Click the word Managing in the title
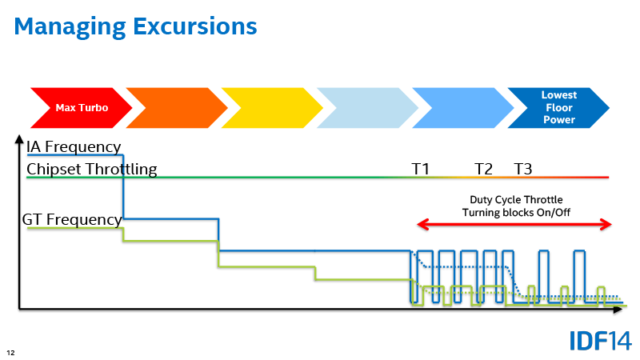coord(70,27)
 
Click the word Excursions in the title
coord(195,26)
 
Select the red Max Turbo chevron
coord(82,108)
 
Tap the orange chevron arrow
coord(177,108)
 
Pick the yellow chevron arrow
coord(272,108)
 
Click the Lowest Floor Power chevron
coord(558,108)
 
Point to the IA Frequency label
coord(74,146)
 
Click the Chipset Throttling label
coord(92,170)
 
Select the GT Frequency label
coord(72,219)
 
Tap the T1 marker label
coord(421,169)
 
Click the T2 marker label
coord(484,169)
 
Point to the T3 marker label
coord(523,169)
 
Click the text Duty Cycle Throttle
coord(516,199)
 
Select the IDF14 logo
coord(601,341)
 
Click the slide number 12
coord(10,353)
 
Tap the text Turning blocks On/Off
coord(516,212)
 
